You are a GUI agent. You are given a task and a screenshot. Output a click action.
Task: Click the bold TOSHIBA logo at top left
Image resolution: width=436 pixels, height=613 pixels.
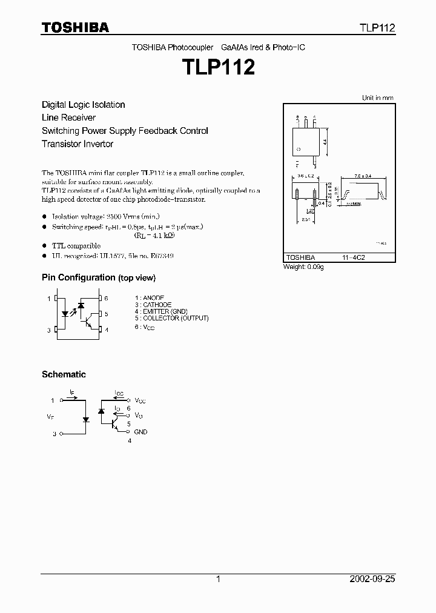coord(75,28)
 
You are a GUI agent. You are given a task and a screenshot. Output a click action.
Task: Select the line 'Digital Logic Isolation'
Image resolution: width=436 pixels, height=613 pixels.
coord(83,105)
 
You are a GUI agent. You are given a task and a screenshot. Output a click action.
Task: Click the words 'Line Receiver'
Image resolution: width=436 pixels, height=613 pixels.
coord(68,118)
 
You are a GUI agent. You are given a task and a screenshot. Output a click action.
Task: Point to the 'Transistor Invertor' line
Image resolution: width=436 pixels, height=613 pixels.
coord(78,144)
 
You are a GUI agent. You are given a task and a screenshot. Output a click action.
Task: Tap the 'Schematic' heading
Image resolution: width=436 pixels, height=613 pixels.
coord(64,374)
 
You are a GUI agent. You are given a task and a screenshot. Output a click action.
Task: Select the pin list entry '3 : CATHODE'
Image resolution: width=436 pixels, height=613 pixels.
coord(153,305)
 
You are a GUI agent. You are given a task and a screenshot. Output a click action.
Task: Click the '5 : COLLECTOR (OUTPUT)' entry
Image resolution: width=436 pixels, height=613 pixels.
coord(172,318)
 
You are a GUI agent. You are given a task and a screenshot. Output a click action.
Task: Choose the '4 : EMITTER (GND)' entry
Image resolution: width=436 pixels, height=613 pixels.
coord(161,311)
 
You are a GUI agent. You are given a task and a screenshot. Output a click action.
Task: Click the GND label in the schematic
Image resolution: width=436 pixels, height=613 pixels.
coord(140,432)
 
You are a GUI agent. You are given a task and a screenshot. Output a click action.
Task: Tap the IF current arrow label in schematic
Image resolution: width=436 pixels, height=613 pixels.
coord(72,393)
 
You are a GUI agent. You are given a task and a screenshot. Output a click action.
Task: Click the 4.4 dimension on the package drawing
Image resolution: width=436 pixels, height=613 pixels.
coord(325,142)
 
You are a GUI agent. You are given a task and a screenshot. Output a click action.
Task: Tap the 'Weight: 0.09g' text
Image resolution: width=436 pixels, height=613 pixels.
coord(303,267)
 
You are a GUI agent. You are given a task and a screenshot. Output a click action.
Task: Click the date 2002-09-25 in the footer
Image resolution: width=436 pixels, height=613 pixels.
coord(372,579)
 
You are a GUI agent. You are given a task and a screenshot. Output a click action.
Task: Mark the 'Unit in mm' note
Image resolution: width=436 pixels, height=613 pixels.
coord(377,98)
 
